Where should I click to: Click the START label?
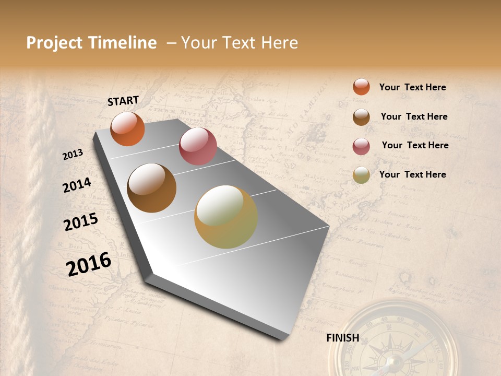(x=123, y=101)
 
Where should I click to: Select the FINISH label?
(x=343, y=338)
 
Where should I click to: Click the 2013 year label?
(x=73, y=155)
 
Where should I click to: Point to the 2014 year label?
(x=77, y=185)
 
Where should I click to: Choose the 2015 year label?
(x=81, y=222)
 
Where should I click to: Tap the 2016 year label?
(x=89, y=264)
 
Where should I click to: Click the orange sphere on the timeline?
(x=127, y=129)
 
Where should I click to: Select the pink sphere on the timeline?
(x=198, y=146)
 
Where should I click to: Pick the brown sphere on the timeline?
(x=152, y=188)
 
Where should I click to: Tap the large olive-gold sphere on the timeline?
(x=226, y=217)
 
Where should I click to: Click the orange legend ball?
(x=361, y=87)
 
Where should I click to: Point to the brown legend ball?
(x=361, y=117)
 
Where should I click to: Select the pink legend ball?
(x=361, y=146)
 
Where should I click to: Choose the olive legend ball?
(x=361, y=175)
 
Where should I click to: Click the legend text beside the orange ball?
(x=413, y=87)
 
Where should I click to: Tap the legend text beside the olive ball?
(x=413, y=174)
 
